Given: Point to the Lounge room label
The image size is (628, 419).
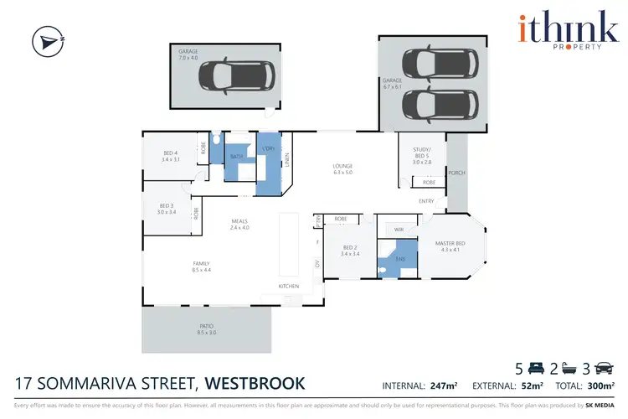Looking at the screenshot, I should pyautogui.click(x=343, y=168).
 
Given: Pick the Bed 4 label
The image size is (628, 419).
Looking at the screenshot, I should pyautogui.click(x=171, y=155).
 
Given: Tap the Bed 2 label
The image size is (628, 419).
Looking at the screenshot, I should pyautogui.click(x=352, y=250).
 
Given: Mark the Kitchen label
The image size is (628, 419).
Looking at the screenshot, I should pyautogui.click(x=289, y=287).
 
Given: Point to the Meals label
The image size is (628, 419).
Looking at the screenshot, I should pyautogui.click(x=241, y=224).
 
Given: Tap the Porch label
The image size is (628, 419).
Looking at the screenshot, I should pyautogui.click(x=456, y=173).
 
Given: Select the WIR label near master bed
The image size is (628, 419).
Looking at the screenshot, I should pyautogui.click(x=398, y=228).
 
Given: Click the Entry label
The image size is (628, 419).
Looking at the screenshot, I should pyautogui.click(x=426, y=201).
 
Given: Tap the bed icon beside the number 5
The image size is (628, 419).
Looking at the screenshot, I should pyautogui.click(x=537, y=367).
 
